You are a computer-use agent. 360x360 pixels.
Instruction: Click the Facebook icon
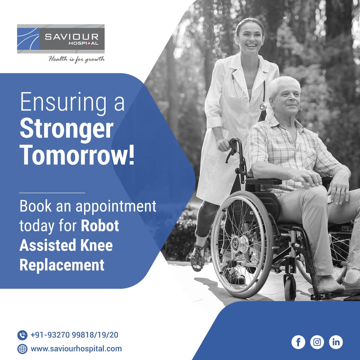[x=298, y=342]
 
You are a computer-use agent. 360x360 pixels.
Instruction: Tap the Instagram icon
[x=317, y=342]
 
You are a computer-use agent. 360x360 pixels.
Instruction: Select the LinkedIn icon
[x=336, y=342]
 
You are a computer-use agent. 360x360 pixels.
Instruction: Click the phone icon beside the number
[x=22, y=335]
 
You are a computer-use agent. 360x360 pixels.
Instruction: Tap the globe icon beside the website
[x=22, y=349]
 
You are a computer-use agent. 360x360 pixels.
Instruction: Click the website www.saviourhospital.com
[x=76, y=349]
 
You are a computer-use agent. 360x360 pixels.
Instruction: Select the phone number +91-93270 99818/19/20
[x=74, y=335]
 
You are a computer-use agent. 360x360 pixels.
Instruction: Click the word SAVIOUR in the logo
[x=72, y=37]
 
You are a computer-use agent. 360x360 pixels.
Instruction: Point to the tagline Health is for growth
[x=76, y=59]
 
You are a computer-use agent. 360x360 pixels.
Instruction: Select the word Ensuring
[x=63, y=103]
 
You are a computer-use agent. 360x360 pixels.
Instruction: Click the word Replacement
[x=62, y=265]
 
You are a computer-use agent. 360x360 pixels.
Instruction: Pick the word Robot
[x=100, y=226]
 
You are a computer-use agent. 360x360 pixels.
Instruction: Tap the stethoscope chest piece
[x=263, y=106]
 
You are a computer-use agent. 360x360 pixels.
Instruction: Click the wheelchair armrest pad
[x=264, y=181]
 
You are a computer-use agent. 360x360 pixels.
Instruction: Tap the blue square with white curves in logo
[x=28, y=39]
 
